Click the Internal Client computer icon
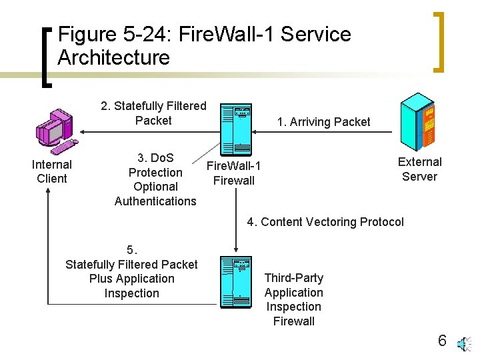[x=57, y=131]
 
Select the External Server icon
[x=418, y=122]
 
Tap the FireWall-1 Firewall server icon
[x=236, y=130]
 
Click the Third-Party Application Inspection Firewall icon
[x=236, y=282]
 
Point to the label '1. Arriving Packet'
[x=323, y=122]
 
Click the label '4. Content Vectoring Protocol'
[x=325, y=222]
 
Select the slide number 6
[x=442, y=341]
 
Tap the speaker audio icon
[x=465, y=344]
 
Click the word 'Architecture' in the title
[x=113, y=57]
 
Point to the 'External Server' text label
[x=420, y=169]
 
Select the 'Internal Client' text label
[x=52, y=171]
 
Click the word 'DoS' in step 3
[x=162, y=158]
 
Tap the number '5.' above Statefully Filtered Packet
[x=132, y=250]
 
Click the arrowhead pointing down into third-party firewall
[x=236, y=249]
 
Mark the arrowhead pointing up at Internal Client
[x=48, y=191]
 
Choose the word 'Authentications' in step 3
[x=155, y=201]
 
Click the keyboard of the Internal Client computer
[x=64, y=147]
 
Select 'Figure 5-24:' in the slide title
[x=113, y=34]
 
